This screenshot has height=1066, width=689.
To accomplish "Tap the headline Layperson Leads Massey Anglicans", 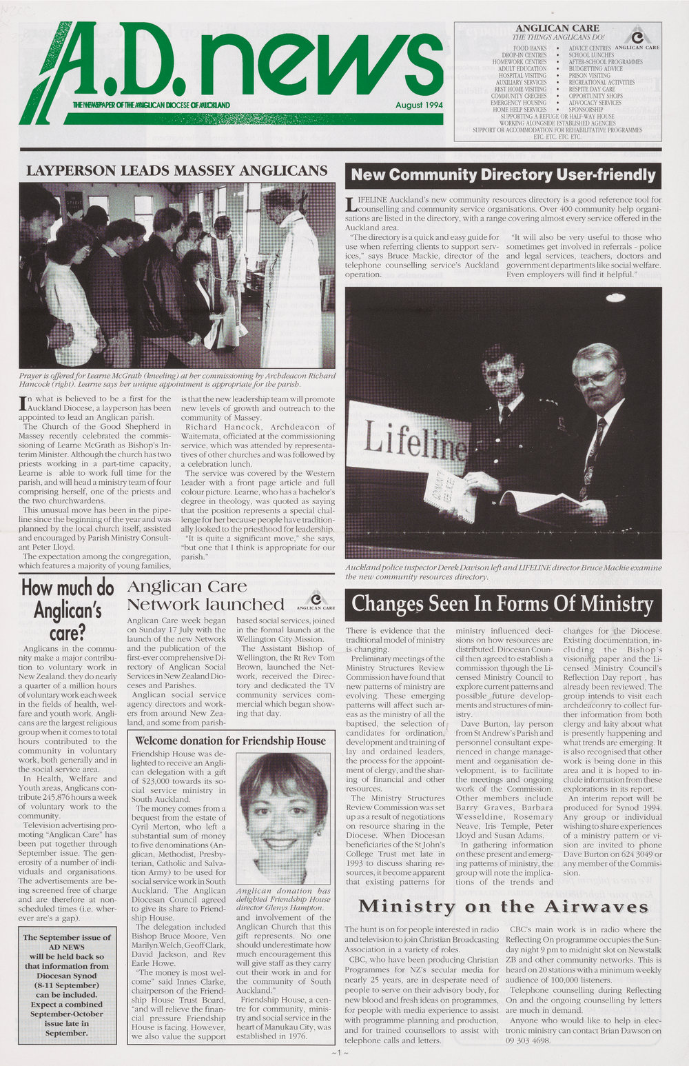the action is [176, 170].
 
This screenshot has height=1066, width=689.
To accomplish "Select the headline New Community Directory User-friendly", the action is [503, 175].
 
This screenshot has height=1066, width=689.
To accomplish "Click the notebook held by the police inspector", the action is [450, 495].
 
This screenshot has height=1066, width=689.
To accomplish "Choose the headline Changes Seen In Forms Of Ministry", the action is [502, 605].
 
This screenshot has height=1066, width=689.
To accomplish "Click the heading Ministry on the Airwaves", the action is [503, 906].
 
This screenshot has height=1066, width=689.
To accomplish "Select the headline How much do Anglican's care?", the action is [68, 610].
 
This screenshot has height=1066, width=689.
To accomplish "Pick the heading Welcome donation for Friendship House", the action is [230, 741].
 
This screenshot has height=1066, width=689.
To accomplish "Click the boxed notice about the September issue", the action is [67, 985].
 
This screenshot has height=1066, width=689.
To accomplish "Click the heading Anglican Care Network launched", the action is [205, 595].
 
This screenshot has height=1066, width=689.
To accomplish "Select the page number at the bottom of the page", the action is [340, 1054].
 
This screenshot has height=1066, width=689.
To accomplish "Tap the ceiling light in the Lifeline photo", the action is [615, 298].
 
